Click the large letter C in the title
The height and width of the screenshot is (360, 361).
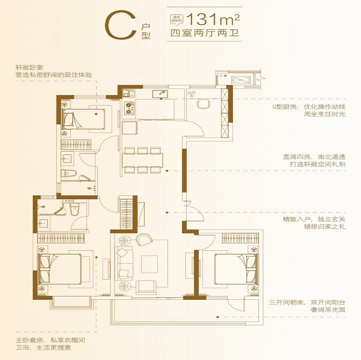(x=120, y=25)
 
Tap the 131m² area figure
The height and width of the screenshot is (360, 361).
(x=213, y=19)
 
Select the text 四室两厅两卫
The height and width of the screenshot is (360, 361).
(x=205, y=33)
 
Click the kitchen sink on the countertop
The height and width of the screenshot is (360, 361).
(x=160, y=94)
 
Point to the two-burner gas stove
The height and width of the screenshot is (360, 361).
(x=129, y=108)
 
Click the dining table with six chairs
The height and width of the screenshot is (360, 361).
(x=143, y=160)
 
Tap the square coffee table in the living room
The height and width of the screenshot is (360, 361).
(x=149, y=264)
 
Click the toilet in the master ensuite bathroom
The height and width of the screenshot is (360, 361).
(x=74, y=208)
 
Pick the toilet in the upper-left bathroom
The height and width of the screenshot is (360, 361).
(x=68, y=173)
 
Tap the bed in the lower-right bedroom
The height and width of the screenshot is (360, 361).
(x=236, y=269)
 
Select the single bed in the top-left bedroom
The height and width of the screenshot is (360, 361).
(x=84, y=119)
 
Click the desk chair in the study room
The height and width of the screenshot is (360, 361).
(x=204, y=104)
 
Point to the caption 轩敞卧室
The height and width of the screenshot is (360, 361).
(x=29, y=68)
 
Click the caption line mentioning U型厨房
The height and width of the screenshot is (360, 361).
(x=309, y=107)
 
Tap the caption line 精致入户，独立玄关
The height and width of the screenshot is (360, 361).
(x=314, y=219)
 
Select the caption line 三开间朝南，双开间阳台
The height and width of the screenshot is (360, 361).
(x=307, y=302)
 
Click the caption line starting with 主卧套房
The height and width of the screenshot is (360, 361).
(x=51, y=340)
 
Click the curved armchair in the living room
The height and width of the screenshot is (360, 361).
(x=144, y=239)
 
